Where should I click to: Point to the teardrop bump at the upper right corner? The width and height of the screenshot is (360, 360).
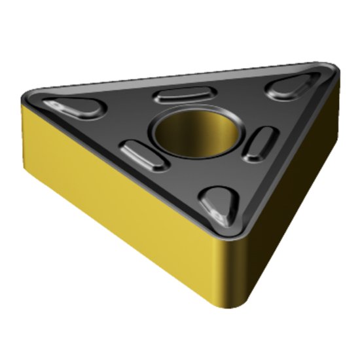291,87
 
